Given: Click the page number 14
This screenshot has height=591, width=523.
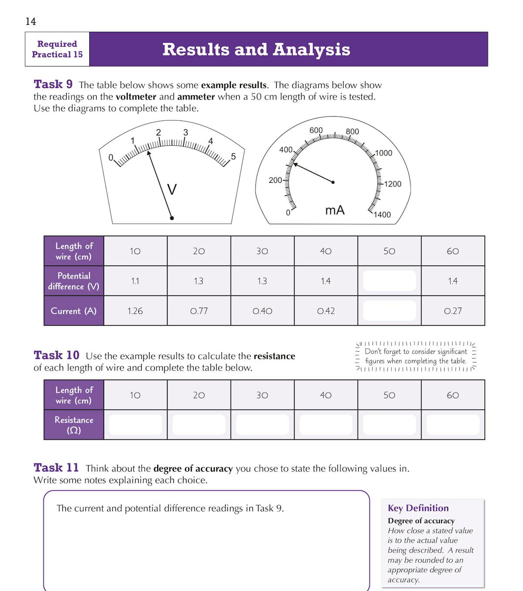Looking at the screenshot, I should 31,21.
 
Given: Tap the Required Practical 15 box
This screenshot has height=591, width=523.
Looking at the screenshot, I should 57,49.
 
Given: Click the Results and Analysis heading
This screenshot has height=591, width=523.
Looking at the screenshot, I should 256,49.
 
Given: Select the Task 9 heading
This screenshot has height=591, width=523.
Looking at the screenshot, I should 53,84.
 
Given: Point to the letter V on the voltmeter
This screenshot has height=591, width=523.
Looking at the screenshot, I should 172,189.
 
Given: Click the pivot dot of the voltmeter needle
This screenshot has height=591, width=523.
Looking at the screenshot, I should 172,218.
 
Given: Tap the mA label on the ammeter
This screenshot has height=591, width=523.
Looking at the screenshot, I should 335,210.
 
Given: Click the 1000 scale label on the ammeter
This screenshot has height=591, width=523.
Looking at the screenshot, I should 384,153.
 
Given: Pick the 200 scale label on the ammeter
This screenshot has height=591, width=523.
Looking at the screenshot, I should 275,180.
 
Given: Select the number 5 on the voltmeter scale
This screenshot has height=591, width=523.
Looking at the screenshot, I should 233,156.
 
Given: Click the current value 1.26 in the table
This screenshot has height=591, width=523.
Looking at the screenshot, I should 135,311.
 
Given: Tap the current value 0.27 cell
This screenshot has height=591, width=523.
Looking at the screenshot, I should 453,311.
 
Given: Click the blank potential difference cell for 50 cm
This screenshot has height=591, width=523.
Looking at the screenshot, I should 389,281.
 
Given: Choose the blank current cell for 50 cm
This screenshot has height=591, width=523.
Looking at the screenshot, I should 389,311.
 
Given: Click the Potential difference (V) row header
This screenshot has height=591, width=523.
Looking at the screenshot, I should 74,281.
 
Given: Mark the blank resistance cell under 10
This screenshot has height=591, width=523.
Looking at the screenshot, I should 135,424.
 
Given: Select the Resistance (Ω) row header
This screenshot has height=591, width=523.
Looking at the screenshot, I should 74,425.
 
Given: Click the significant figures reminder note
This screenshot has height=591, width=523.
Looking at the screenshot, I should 416,356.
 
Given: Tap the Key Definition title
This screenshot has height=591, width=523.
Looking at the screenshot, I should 418,508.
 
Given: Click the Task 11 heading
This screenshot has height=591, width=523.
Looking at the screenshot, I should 56,467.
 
